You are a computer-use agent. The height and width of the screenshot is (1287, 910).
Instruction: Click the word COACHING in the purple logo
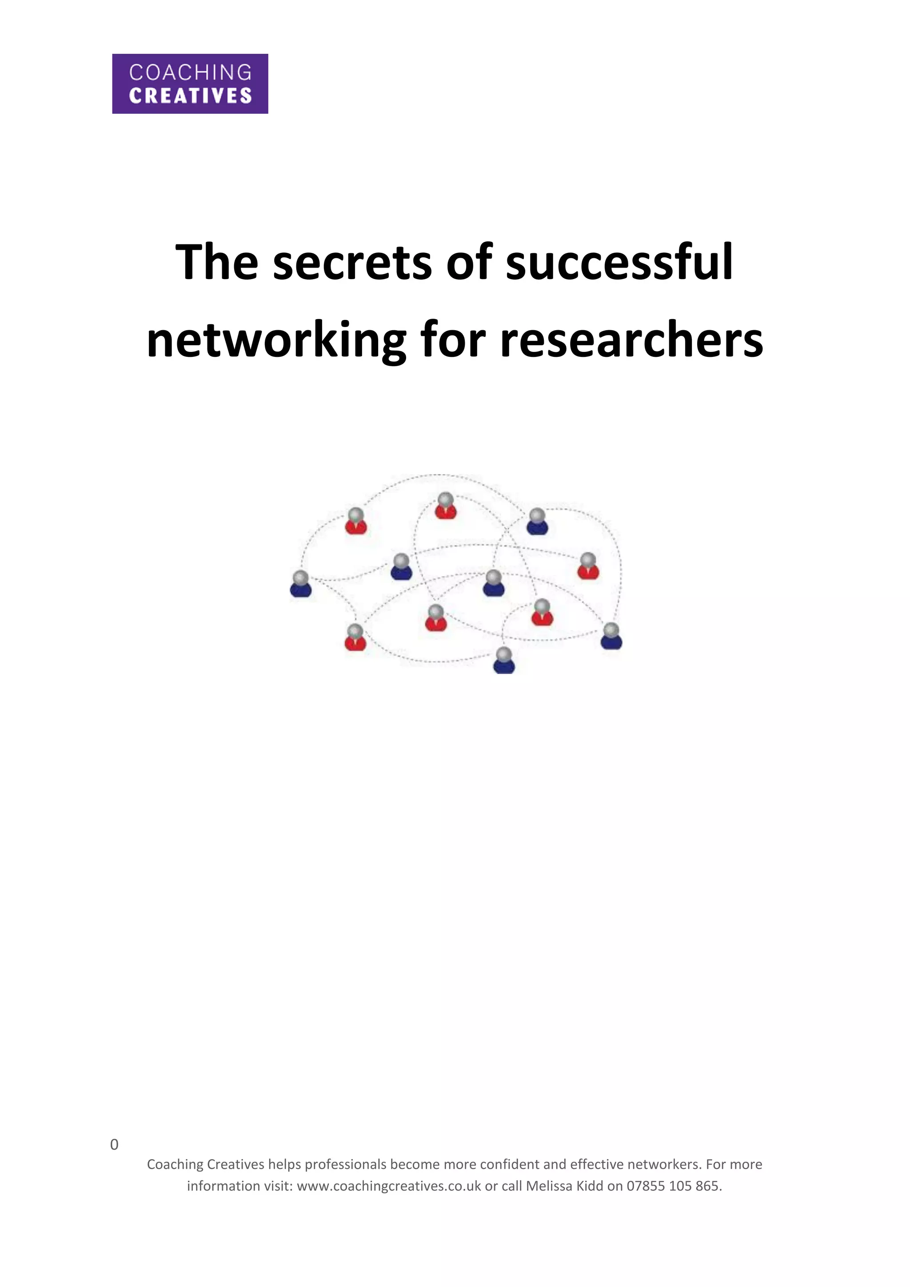(x=190, y=72)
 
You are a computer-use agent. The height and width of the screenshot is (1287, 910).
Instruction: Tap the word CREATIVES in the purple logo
(x=190, y=96)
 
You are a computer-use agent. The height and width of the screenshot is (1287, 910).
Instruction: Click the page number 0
(x=114, y=1145)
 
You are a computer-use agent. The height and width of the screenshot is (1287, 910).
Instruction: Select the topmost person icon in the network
(x=446, y=506)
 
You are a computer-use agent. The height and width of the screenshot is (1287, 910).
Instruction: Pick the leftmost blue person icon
(x=301, y=584)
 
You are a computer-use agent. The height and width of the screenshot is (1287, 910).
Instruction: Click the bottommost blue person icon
(x=504, y=660)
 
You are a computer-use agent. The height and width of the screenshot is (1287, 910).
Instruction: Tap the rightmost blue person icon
(x=611, y=636)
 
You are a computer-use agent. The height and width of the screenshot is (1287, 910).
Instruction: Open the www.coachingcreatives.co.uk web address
(x=389, y=1186)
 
